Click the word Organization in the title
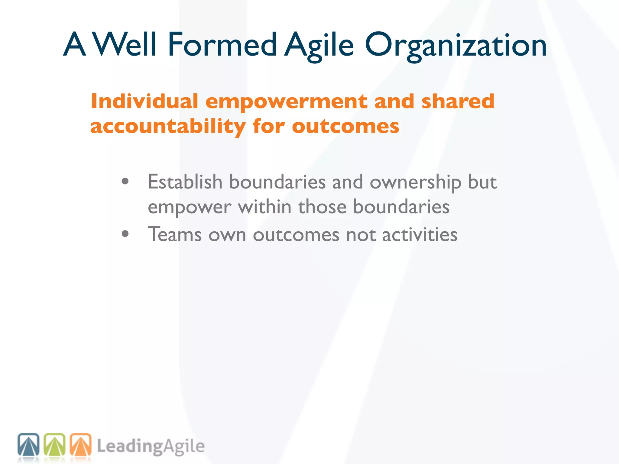click(x=456, y=45)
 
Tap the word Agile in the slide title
click(x=319, y=45)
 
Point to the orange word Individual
click(x=144, y=101)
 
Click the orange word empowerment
click(x=286, y=102)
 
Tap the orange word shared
click(x=458, y=101)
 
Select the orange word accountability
click(x=168, y=127)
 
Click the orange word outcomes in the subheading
click(x=345, y=127)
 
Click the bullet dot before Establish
click(x=125, y=182)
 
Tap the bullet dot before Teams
click(x=125, y=234)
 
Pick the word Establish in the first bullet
click(x=185, y=182)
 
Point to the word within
click(x=265, y=207)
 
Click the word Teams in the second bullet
click(x=175, y=234)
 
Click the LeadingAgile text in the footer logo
click(x=151, y=446)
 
